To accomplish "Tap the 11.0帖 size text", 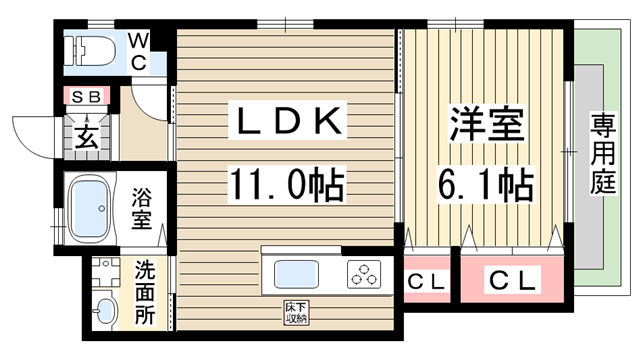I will [x=288, y=185].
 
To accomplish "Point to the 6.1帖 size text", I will [x=485, y=185].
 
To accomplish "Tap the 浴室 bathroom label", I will [x=144, y=208].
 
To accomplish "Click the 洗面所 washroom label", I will [x=145, y=293].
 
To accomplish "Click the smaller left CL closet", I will [x=427, y=281].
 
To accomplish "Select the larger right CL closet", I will [x=513, y=281].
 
